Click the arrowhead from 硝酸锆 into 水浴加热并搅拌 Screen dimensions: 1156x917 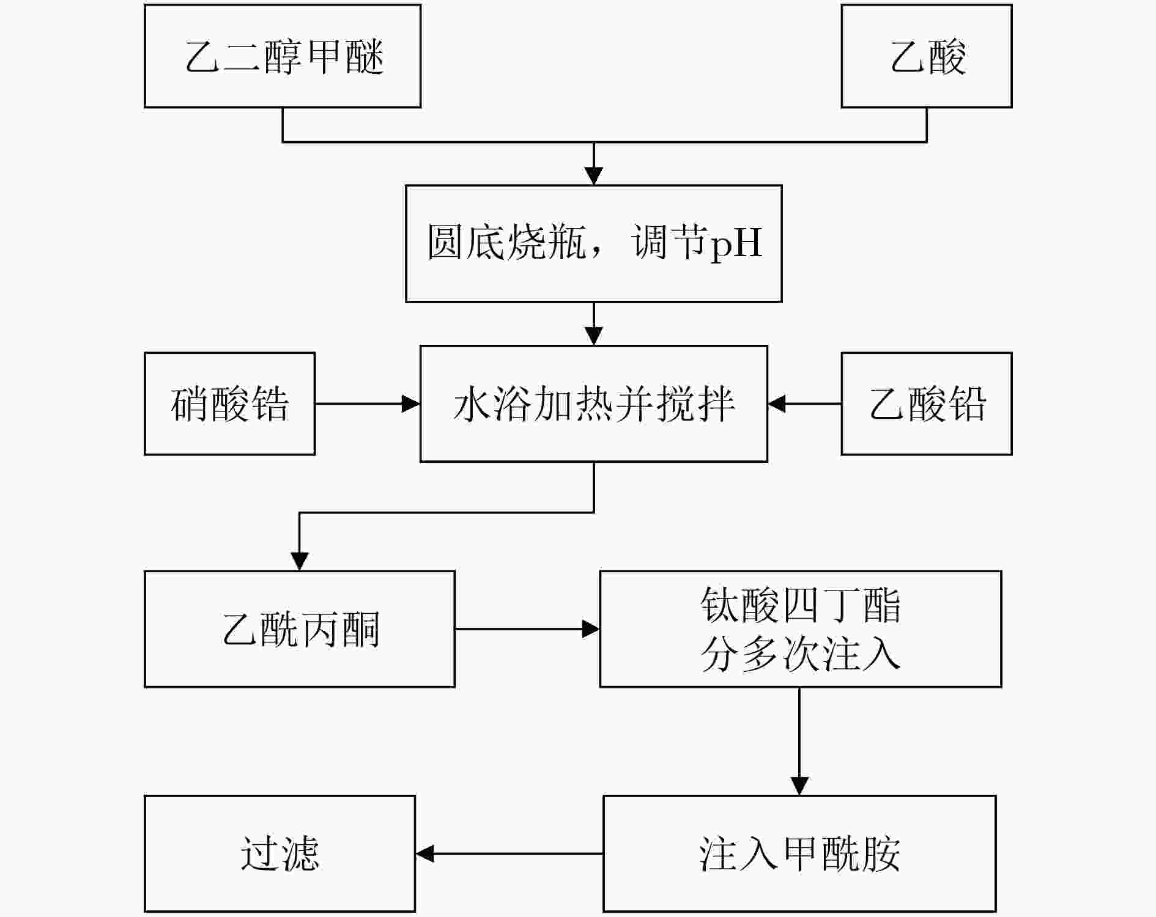point(411,403)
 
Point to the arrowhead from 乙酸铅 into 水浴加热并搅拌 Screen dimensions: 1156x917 point(777,403)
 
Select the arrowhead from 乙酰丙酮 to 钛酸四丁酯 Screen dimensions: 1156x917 point(591,629)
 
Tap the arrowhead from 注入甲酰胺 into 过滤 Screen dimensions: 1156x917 point(424,854)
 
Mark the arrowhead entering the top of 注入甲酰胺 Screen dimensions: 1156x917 point(800,787)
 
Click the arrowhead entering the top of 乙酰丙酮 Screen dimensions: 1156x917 point(299,562)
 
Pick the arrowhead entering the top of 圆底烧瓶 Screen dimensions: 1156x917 point(594,176)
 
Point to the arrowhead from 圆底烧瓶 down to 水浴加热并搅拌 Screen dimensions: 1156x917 point(594,337)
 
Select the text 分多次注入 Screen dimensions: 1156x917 point(801,655)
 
